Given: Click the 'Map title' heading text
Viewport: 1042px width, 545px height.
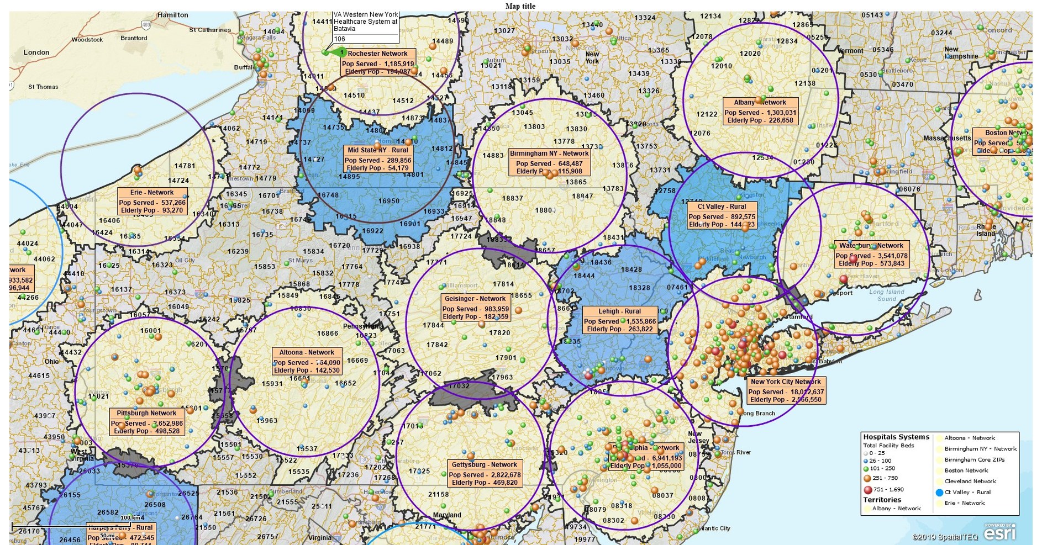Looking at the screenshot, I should pyautogui.click(x=520, y=6).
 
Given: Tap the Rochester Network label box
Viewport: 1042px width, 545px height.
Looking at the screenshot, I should pyautogui.click(x=377, y=62).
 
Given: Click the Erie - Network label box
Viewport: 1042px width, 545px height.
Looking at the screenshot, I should pyautogui.click(x=152, y=202).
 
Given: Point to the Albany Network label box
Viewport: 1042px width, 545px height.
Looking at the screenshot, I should pyautogui.click(x=760, y=111).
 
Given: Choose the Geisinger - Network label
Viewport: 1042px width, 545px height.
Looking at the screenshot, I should pyautogui.click(x=476, y=308).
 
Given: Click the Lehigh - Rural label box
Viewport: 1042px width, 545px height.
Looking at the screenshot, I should pyautogui.click(x=620, y=320).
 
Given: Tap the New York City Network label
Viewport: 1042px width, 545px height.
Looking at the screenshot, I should pyautogui.click(x=786, y=390).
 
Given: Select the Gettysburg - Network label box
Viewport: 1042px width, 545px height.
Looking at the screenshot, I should pyautogui.click(x=485, y=474).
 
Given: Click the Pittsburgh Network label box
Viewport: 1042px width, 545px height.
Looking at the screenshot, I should pyautogui.click(x=147, y=422).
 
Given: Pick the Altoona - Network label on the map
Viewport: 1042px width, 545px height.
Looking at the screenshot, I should pyautogui.click(x=307, y=361).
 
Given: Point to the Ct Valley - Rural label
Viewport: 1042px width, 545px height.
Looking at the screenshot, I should pyautogui.click(x=722, y=215).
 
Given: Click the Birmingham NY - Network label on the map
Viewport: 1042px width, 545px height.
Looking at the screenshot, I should pyautogui.click(x=549, y=162).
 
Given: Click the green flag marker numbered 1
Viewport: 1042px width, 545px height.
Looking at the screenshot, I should pyautogui.click(x=338, y=52).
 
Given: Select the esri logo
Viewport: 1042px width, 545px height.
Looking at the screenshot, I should pyautogui.click(x=999, y=533).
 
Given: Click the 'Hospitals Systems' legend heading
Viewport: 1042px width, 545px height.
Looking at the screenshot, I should pyautogui.click(x=896, y=437).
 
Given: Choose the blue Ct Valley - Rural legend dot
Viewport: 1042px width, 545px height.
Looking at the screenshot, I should pyautogui.click(x=939, y=492).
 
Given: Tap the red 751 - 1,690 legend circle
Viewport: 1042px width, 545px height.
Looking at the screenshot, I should pyautogui.click(x=868, y=489).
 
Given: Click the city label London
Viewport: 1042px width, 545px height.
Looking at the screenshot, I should pyautogui.click(x=36, y=52).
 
